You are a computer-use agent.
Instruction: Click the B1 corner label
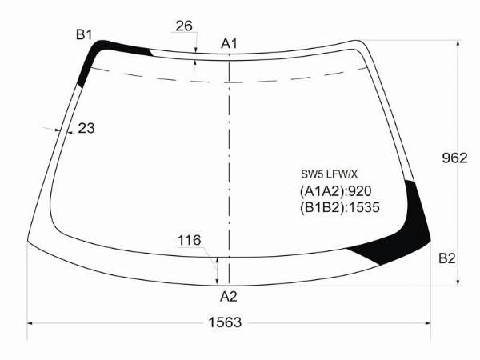84,34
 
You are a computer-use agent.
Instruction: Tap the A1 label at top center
229,44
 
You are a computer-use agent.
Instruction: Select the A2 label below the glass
228,296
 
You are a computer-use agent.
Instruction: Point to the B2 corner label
446,258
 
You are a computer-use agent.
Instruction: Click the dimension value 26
184,26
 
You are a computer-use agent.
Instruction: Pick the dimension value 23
86,128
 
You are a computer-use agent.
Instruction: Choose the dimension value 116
189,240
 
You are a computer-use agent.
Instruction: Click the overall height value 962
454,158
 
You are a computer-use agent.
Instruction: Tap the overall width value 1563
225,322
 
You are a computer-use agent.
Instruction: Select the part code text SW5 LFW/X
329,174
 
